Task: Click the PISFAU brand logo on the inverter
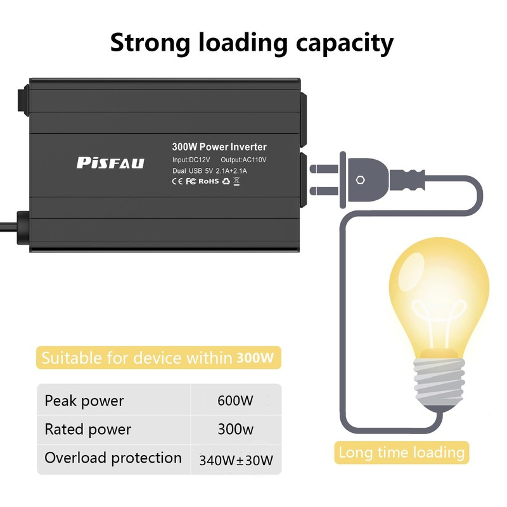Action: coord(111,163)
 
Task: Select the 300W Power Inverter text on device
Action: coord(219,147)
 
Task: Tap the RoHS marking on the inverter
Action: coord(209,181)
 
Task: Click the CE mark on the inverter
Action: coord(178,181)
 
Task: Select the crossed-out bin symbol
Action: coord(236,181)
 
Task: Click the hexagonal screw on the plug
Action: coord(361,179)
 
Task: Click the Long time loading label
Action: coord(402,452)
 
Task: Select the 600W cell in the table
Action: coord(235,401)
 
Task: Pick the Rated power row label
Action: coord(87,429)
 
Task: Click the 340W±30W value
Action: coord(236,459)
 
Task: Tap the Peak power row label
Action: coord(84,401)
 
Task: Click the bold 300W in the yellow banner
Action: coord(255,358)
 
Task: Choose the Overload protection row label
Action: coord(113,458)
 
